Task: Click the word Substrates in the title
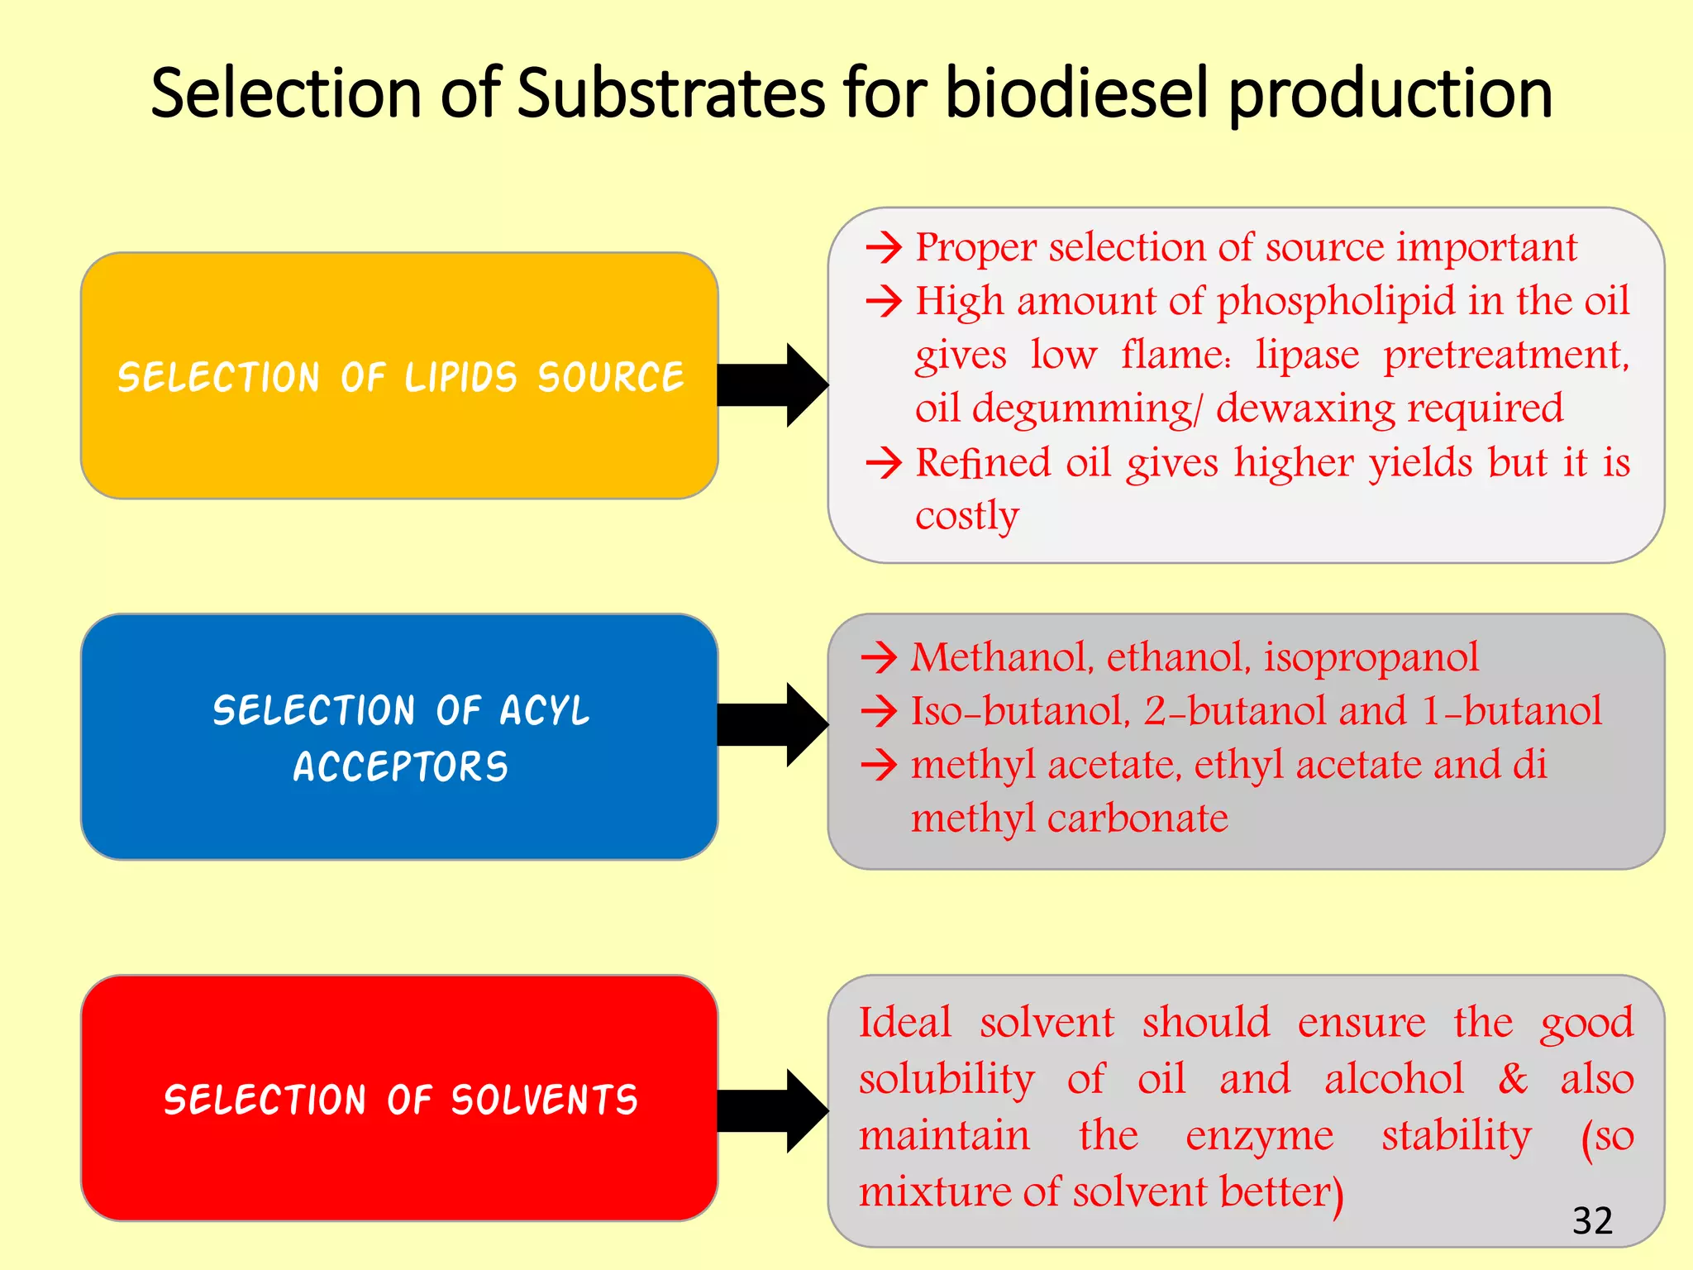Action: click(x=670, y=93)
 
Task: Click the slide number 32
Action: click(x=1592, y=1220)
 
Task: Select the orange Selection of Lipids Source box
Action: click(x=399, y=376)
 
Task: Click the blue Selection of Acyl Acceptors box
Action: click(x=399, y=737)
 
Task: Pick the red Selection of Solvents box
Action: click(x=399, y=1099)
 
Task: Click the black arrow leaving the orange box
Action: click(x=771, y=384)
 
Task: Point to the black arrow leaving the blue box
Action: click(x=771, y=724)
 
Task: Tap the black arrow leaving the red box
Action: click(x=771, y=1110)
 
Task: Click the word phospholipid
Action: click(x=1336, y=301)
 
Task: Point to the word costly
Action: click(x=967, y=516)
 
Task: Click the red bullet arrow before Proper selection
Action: click(x=884, y=247)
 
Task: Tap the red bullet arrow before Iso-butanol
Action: click(x=879, y=712)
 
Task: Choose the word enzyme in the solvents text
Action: click(x=1259, y=1136)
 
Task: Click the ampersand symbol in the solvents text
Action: click(x=1513, y=1079)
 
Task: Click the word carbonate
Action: click(x=1137, y=819)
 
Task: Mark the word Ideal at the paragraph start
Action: click(x=905, y=1023)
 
